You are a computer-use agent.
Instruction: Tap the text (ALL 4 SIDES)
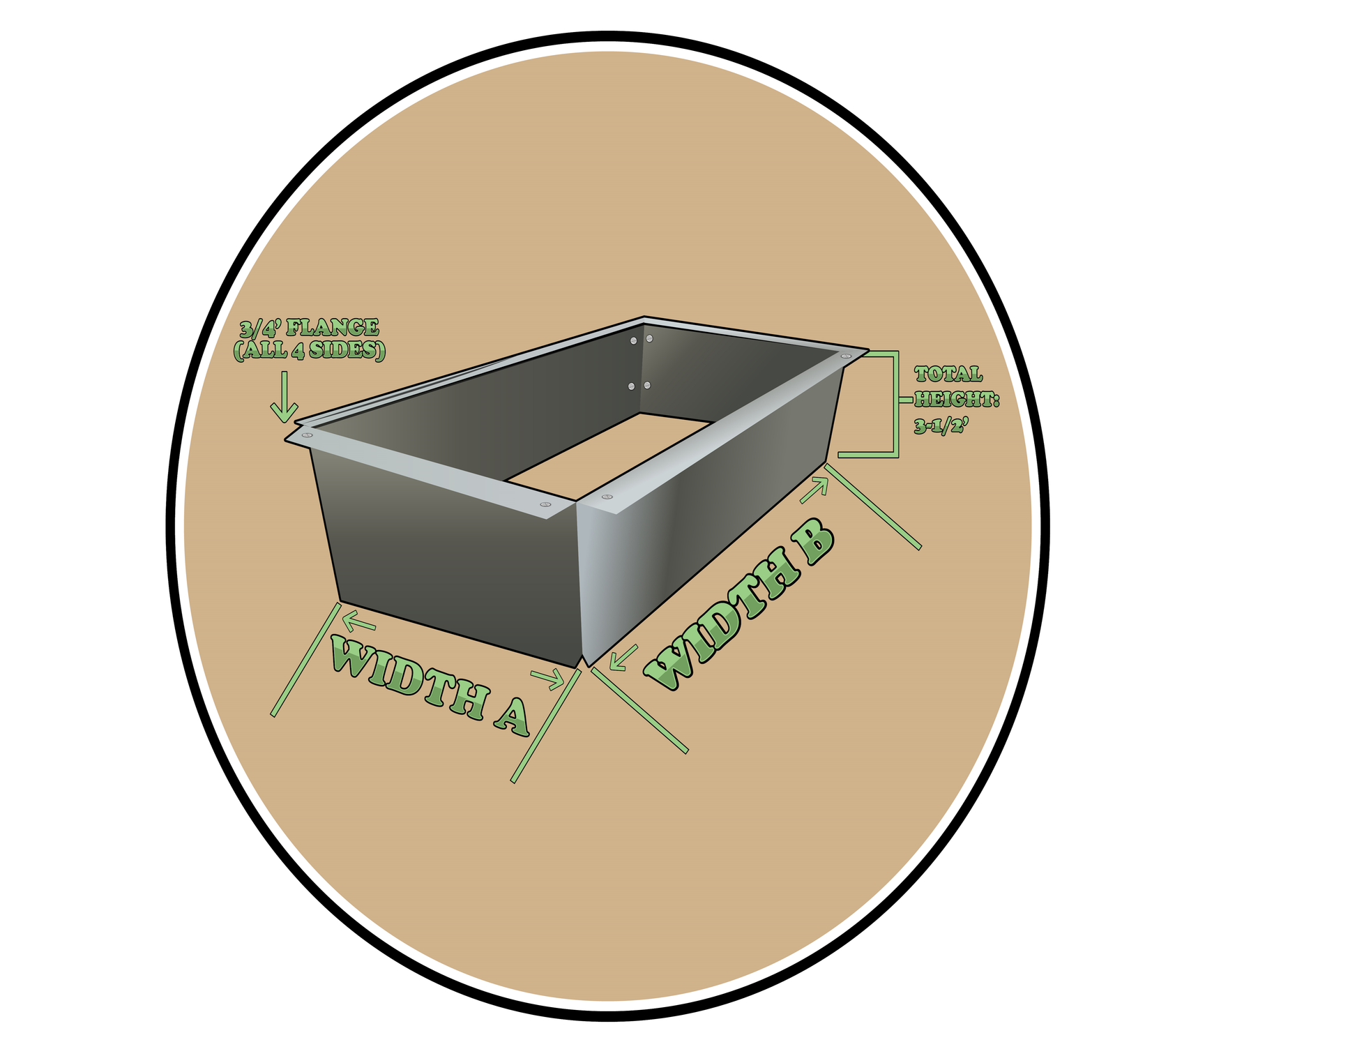309,350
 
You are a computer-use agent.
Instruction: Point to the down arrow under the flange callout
285,397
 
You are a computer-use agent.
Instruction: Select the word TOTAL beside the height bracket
948,375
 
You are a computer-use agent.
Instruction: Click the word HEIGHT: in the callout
957,400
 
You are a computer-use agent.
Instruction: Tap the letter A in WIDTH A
512,716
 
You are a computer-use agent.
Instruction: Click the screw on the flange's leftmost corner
307,435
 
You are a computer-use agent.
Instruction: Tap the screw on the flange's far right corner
846,356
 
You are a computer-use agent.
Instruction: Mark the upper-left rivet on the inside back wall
633,340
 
